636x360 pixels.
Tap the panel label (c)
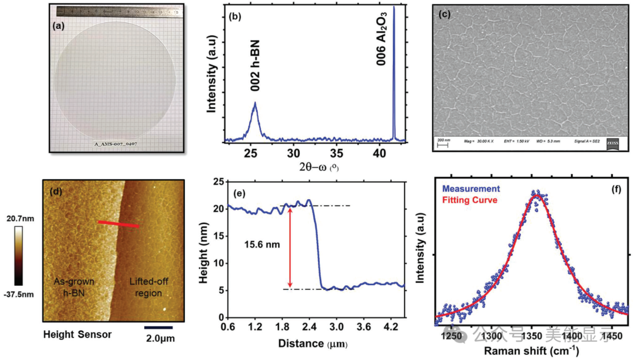444,16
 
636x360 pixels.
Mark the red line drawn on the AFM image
118,223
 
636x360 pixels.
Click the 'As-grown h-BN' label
74,288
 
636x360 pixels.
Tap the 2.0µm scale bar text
158,339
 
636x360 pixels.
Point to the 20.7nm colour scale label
19,219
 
